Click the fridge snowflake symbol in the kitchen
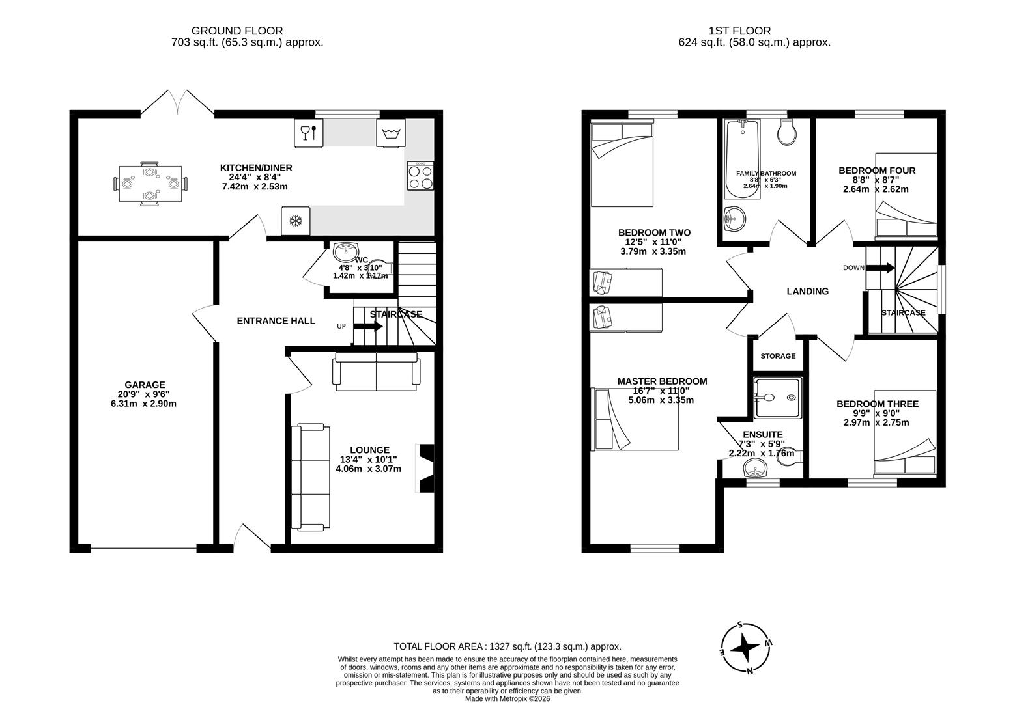pos(295,222)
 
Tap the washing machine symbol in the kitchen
pos(391,133)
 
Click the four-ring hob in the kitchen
pos(421,176)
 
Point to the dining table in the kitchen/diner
pos(150,184)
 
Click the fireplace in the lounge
pos(425,469)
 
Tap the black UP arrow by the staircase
pos(369,326)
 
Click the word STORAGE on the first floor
pos(778,356)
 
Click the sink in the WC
pos(345,251)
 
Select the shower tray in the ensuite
pos(777,397)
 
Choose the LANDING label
pos(807,292)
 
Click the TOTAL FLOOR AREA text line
pos(507,646)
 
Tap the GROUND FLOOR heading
pos(236,31)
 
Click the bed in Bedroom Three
pos(904,433)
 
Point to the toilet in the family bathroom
pos(787,133)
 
